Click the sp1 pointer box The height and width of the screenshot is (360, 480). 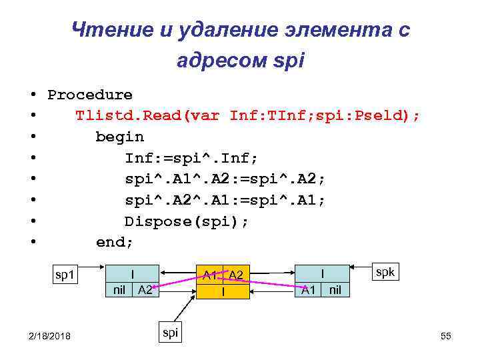click(x=66, y=275)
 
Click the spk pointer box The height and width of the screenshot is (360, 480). click(x=385, y=272)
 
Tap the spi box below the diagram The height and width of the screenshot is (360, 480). click(x=170, y=332)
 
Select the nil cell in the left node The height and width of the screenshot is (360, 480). click(x=119, y=289)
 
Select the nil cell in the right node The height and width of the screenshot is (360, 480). click(x=335, y=289)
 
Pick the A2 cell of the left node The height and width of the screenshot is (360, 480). click(x=145, y=289)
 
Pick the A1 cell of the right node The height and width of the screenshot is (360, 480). click(x=308, y=289)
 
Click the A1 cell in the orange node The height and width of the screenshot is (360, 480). click(x=209, y=275)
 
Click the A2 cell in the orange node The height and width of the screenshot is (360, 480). click(x=235, y=275)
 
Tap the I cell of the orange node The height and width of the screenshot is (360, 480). click(x=223, y=291)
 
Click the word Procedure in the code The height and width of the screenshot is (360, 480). click(x=90, y=95)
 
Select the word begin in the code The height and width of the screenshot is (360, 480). click(x=119, y=137)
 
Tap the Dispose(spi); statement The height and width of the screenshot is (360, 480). click(x=187, y=221)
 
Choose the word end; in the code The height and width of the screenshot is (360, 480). click(x=115, y=243)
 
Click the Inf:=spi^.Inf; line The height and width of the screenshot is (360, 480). click(x=191, y=159)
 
